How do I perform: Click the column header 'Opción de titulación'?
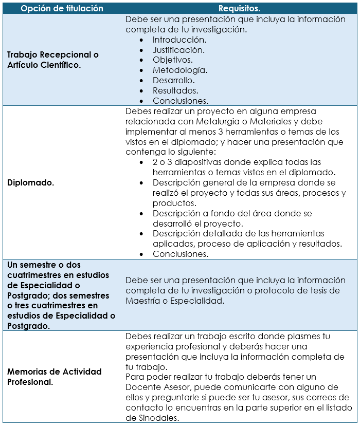click(62, 8)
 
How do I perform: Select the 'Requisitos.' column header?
click(239, 8)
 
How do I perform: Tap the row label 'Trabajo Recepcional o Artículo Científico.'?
click(52, 60)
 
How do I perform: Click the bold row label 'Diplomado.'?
click(30, 182)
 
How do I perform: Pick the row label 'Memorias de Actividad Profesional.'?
click(54, 377)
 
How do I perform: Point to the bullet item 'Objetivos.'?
click(173, 60)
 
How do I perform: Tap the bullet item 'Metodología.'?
click(179, 70)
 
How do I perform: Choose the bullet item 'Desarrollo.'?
click(174, 80)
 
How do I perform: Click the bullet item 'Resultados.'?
click(175, 90)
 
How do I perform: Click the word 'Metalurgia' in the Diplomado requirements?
click(217, 121)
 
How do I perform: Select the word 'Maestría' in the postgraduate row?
click(146, 301)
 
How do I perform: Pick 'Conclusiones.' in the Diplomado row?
click(180, 254)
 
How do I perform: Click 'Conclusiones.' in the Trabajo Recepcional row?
click(180, 101)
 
